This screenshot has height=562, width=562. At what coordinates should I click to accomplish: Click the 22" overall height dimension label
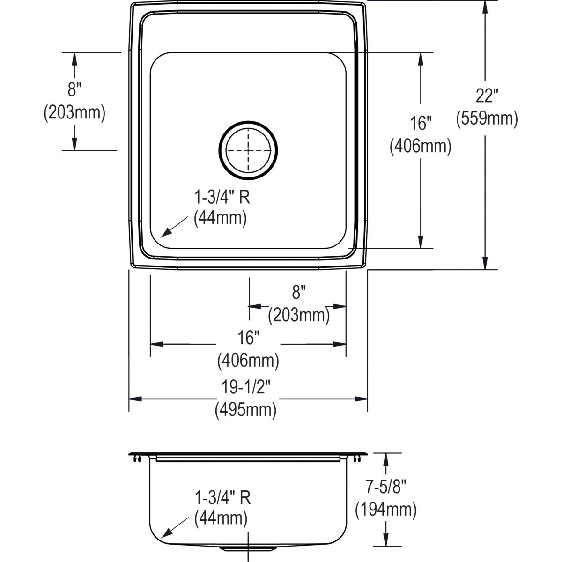pos(487,96)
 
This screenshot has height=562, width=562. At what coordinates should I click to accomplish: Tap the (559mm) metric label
pos(487,118)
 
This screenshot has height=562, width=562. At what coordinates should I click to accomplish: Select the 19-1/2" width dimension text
pos(246,387)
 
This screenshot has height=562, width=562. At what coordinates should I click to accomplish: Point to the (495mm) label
pos(245,410)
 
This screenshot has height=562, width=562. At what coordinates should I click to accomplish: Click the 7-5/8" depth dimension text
pos(386,487)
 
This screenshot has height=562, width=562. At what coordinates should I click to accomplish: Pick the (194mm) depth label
pos(386,510)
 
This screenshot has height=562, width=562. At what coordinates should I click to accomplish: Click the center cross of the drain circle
pos(248,150)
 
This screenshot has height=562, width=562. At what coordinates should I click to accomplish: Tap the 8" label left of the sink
pos(74,89)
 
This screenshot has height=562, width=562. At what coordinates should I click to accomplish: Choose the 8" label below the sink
pos(299,292)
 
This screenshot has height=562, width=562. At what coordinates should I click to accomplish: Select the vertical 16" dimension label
pos(420,123)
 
